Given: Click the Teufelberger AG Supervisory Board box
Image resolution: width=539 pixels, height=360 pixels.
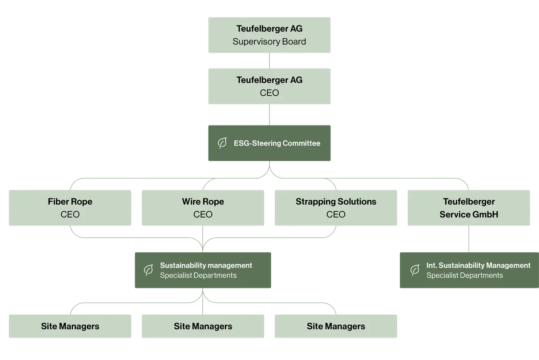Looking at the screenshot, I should click(x=269, y=36).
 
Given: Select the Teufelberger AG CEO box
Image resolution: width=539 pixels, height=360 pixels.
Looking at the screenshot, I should click(x=269, y=86).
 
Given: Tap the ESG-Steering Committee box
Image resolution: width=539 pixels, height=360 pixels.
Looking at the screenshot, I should click(x=270, y=143).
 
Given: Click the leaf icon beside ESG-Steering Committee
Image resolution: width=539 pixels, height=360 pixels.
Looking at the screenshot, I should click(x=221, y=143).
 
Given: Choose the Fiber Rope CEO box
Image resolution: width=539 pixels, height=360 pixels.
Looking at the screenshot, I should click(x=70, y=208).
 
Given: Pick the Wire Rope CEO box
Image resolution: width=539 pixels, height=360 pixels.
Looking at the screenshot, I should click(x=203, y=208).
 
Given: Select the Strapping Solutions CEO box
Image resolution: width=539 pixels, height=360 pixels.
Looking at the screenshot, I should click(x=336, y=208).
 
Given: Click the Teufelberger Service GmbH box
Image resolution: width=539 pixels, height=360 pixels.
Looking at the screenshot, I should click(x=469, y=208).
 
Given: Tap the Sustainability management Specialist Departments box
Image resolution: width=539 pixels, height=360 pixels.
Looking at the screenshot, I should click(x=202, y=271).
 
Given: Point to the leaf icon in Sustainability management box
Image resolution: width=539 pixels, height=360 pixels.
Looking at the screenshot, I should click(x=149, y=270).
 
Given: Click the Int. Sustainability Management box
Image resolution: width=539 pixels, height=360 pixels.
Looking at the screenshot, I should click(x=469, y=271).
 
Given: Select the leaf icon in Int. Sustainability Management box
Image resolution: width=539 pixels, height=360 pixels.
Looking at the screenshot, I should click(x=414, y=270).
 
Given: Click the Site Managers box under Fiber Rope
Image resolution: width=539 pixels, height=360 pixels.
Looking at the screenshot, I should click(x=70, y=327).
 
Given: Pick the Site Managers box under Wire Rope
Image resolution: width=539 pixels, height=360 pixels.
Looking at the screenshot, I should click(x=203, y=327).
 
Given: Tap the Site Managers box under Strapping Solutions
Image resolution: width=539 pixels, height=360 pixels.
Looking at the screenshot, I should click(x=336, y=327).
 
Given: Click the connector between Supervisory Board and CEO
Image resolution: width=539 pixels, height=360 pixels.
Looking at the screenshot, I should click(x=269, y=61).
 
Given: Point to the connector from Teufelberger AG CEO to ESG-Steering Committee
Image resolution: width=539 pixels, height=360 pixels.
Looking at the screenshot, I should click(x=269, y=115).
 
